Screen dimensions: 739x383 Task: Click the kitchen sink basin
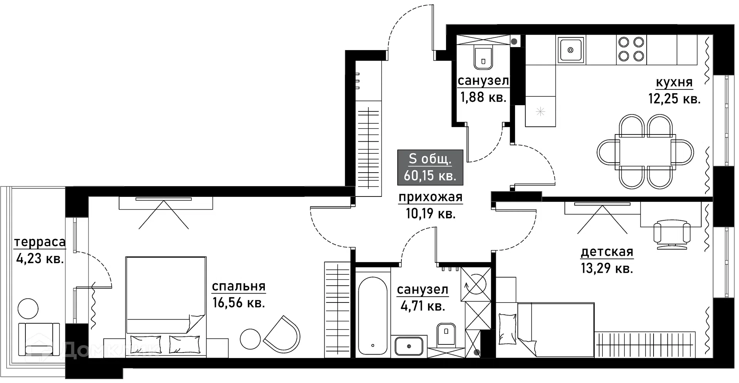pos(570,50)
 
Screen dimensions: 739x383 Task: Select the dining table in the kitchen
pos(645,151)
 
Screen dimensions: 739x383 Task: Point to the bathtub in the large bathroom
pos(373,315)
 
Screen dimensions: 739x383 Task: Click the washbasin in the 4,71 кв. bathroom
pos(409,346)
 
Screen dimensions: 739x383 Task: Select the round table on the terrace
pos(28,309)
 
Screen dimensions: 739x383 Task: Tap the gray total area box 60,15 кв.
pos(430,167)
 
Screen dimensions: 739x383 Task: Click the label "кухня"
pos(674,82)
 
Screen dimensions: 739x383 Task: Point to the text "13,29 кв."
pos(607,268)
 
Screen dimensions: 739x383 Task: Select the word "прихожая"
pos(430,198)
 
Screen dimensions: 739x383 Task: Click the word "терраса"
pos(40,242)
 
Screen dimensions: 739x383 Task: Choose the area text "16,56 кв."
pos(239,303)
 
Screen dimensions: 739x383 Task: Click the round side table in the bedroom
pos(251,339)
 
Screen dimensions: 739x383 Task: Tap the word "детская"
pos(607,252)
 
